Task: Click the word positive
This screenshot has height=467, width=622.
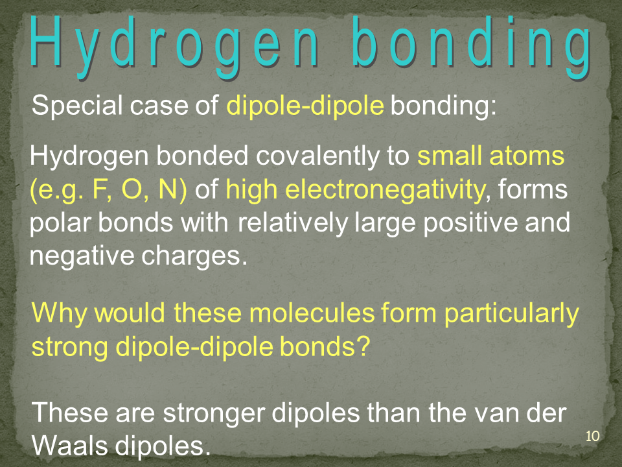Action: point(470,222)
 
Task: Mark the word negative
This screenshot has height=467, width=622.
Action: point(82,256)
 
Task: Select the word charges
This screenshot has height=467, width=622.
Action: point(191,256)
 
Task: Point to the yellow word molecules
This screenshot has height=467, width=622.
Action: point(312,313)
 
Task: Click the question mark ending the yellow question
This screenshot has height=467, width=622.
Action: point(363,346)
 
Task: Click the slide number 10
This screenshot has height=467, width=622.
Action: point(592,436)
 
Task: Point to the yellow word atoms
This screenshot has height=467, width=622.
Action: point(527,156)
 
